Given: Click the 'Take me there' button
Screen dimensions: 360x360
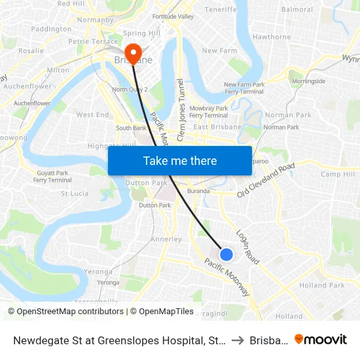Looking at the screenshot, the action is (180, 160).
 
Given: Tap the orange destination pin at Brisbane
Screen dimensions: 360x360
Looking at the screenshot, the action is (133, 52).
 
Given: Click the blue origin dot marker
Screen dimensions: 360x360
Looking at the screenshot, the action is (226, 254).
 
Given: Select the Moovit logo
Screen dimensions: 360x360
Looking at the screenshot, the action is (320, 339).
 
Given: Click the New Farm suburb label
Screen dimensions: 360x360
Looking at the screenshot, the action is (219, 51).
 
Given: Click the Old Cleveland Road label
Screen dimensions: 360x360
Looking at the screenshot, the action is (266, 180).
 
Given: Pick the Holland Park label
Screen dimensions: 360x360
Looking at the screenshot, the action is (321, 285).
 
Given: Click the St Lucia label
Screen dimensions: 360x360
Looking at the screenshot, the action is (75, 194).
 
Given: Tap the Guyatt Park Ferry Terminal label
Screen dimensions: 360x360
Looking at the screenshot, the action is (52, 176).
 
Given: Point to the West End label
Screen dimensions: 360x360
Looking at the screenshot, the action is (93, 115).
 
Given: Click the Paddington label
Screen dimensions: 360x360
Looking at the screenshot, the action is (51, 29).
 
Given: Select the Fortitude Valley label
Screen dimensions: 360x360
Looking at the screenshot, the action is (173, 16).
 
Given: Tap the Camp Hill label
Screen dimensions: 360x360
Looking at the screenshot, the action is (338, 174).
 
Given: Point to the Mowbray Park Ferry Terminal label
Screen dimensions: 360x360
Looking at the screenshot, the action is (208, 111).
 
